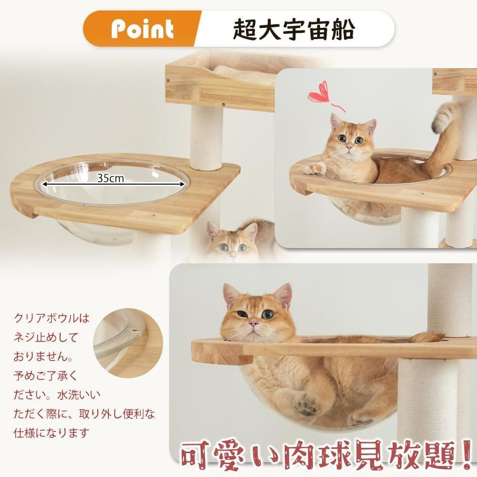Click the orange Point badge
[x=142, y=30]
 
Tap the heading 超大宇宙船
[x=293, y=30]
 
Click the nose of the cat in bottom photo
[x=254, y=324]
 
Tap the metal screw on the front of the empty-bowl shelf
[x=151, y=216]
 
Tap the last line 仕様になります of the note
[x=51, y=433]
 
